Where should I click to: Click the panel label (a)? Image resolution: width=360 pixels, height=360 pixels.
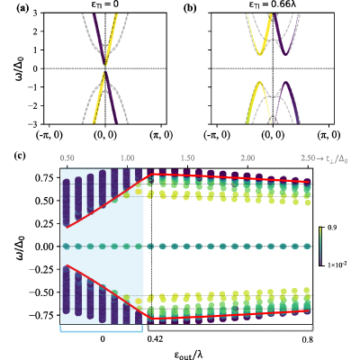(x=22, y=8)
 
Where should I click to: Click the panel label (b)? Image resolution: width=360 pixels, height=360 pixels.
(x=190, y=8)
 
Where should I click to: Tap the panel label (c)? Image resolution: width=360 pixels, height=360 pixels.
(x=22, y=157)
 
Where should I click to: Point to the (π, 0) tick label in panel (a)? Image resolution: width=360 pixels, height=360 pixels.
(x=161, y=135)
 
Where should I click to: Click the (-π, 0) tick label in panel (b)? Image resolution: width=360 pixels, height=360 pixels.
(x=217, y=135)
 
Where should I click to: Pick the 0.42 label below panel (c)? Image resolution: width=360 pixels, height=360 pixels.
(x=155, y=339)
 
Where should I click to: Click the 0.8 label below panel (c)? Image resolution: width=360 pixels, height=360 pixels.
(x=308, y=339)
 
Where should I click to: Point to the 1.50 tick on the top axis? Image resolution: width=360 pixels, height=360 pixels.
(x=187, y=158)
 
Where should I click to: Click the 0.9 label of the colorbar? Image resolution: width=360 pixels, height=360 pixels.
(x=332, y=228)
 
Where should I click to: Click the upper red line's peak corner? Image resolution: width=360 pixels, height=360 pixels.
(x=153, y=174)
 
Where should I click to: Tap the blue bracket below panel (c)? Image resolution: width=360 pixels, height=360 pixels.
(x=102, y=329)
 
